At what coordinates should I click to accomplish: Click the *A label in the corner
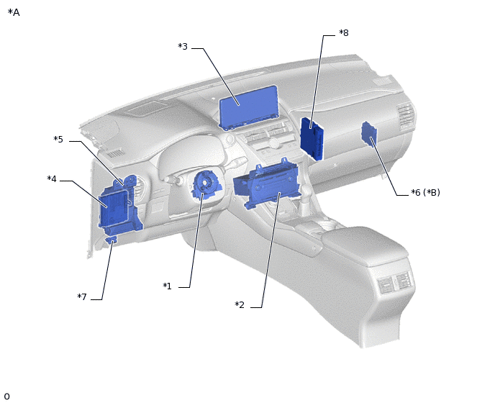click(14, 12)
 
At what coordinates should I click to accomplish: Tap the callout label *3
click(183, 47)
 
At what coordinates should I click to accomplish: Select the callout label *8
click(344, 32)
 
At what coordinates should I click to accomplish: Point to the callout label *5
click(58, 140)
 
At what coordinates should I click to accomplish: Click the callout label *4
click(52, 178)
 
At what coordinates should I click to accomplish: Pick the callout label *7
click(82, 296)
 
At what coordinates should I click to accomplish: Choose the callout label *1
click(168, 286)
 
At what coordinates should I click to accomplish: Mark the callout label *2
click(240, 305)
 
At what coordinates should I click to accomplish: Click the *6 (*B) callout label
click(425, 192)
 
